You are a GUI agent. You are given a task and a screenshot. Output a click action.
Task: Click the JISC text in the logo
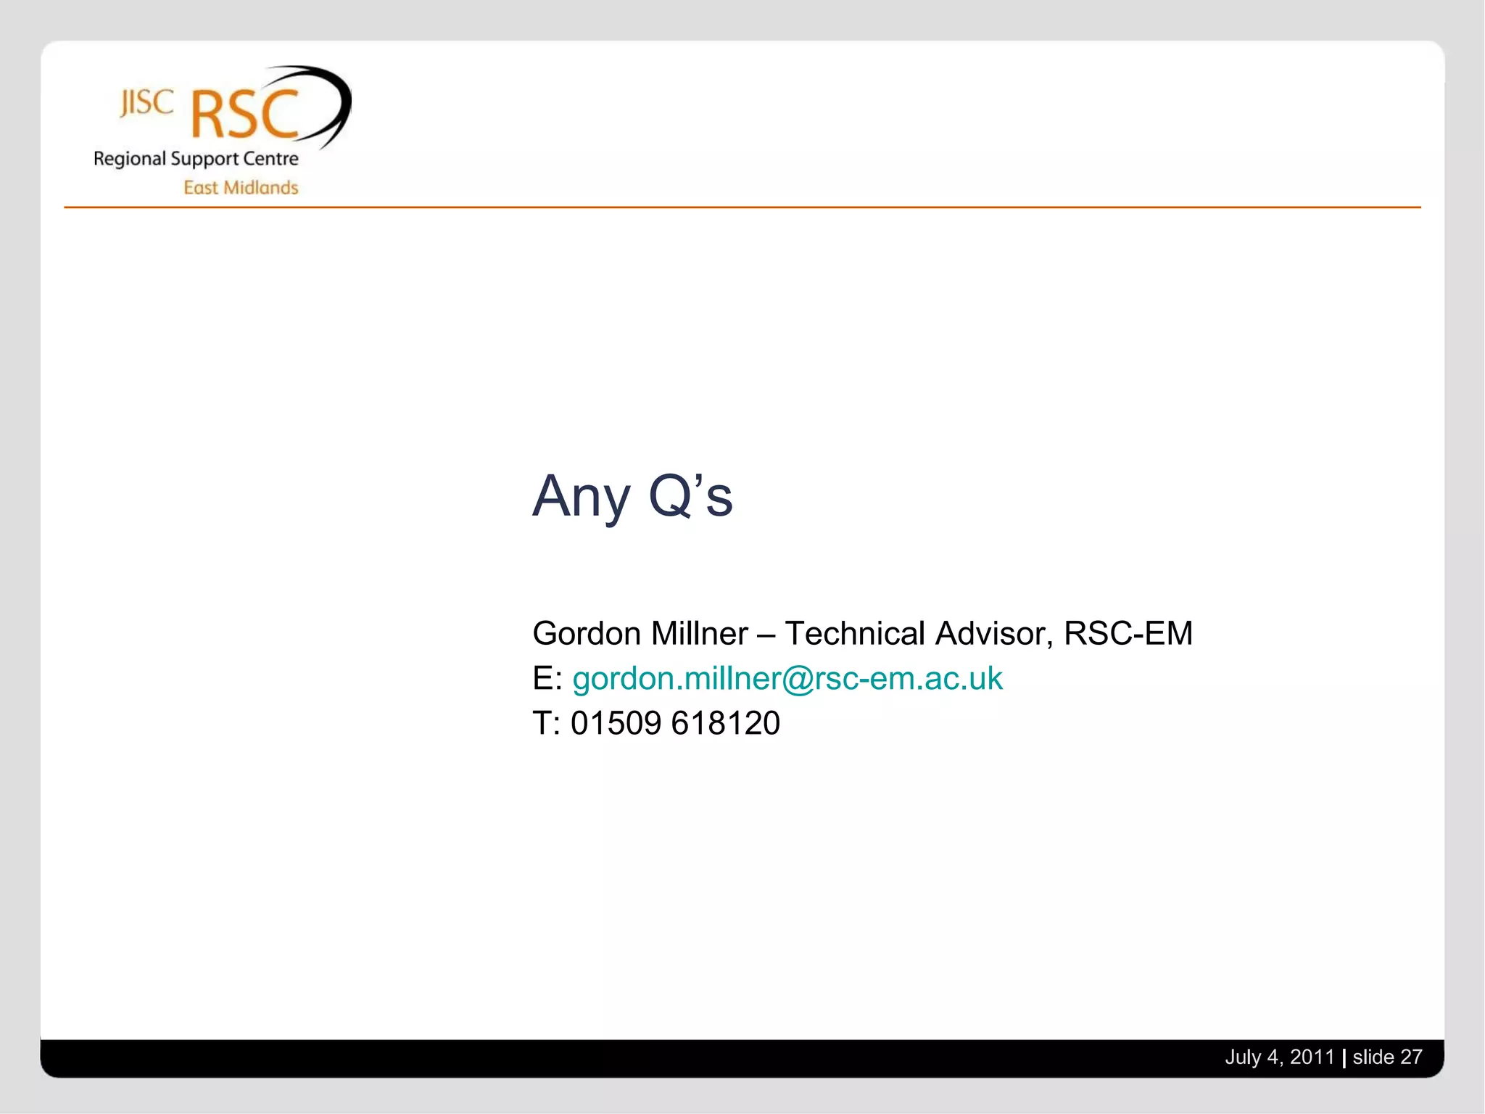pos(147,103)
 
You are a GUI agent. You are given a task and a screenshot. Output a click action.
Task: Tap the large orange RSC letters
pos(244,115)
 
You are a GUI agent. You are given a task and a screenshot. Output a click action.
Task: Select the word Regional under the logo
pos(130,159)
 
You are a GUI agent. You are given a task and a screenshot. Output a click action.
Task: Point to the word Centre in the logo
pos(270,158)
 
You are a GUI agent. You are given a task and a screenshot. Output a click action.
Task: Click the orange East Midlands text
pos(241,188)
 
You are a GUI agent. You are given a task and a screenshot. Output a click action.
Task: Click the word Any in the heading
pos(581,498)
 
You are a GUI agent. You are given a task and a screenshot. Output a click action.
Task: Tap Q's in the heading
pos(690,496)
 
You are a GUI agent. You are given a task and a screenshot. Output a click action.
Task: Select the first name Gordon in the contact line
pos(587,634)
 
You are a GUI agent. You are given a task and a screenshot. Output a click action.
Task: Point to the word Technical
pos(855,634)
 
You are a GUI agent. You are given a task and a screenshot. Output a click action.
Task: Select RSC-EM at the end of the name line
pos(1128,634)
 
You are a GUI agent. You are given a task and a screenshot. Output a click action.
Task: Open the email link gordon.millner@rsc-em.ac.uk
pos(787,679)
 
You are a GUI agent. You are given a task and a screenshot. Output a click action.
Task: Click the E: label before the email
pos(547,679)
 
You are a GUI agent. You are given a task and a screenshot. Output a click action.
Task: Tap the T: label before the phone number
pos(546,724)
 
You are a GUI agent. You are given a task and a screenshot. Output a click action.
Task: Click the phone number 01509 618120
pos(675,724)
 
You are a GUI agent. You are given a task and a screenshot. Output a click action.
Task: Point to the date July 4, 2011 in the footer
pos(1279,1057)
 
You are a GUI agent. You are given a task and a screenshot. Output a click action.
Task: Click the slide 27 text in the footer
pos(1387,1057)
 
